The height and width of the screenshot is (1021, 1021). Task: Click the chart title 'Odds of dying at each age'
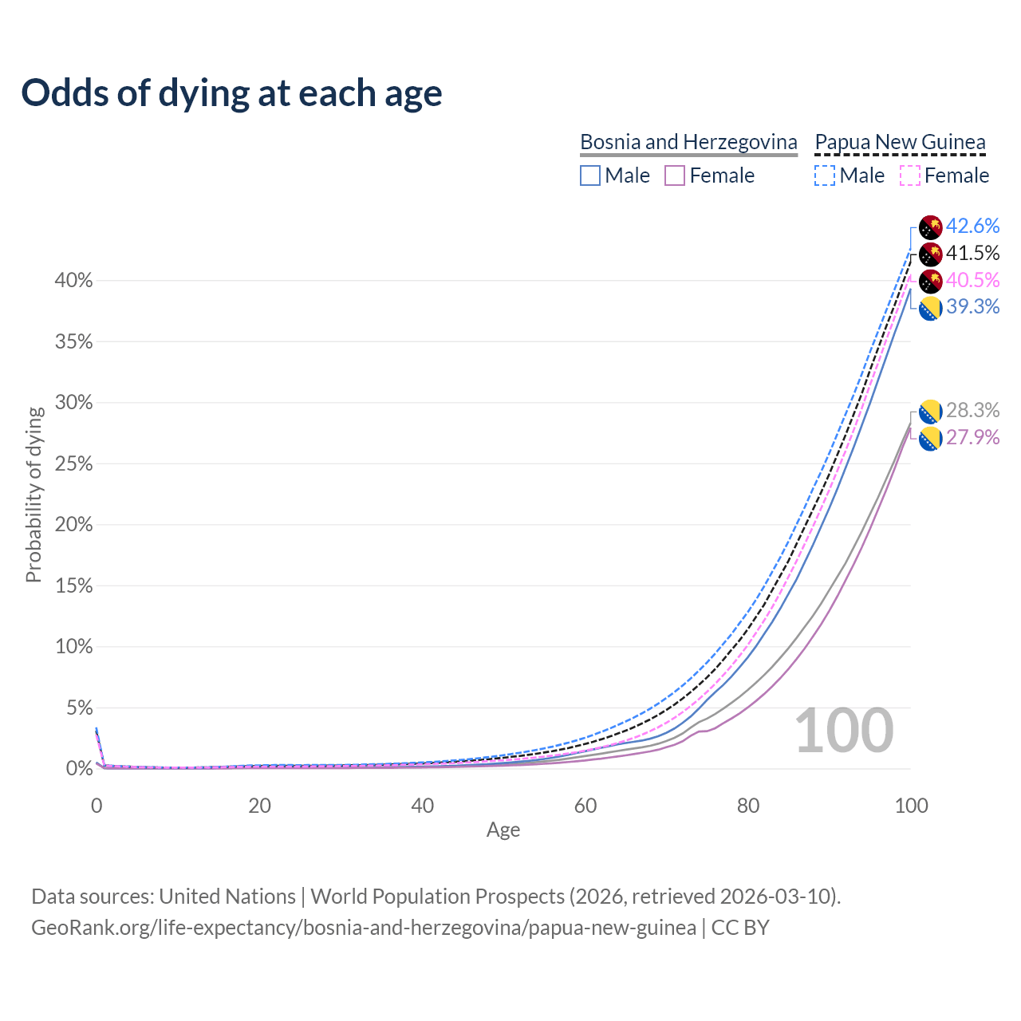click(x=231, y=93)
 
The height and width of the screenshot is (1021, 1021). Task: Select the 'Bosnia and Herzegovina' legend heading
click(x=688, y=142)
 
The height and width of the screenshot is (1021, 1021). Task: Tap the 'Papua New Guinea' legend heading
click(x=900, y=142)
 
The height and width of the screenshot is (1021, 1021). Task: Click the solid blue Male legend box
click(x=590, y=175)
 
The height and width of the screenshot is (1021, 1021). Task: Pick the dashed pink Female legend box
click(x=910, y=175)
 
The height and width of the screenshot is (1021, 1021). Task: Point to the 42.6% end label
click(x=972, y=227)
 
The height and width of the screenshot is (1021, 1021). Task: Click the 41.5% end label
click(x=972, y=254)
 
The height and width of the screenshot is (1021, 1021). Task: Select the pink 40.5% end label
click(x=972, y=280)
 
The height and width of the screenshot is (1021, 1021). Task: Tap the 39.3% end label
click(x=972, y=307)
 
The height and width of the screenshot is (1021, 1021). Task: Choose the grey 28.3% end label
click(x=972, y=411)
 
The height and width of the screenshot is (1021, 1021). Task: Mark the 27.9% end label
click(x=972, y=438)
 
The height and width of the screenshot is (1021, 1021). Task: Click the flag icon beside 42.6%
click(x=931, y=227)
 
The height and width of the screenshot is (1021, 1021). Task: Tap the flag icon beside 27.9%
click(x=931, y=439)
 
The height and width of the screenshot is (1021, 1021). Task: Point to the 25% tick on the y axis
click(x=74, y=464)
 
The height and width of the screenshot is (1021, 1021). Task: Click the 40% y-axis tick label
click(x=74, y=281)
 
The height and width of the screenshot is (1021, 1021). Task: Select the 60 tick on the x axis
click(x=585, y=806)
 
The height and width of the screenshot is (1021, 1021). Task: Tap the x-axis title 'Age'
click(x=503, y=830)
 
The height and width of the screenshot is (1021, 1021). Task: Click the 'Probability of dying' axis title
click(x=34, y=495)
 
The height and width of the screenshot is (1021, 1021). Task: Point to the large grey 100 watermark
click(x=844, y=731)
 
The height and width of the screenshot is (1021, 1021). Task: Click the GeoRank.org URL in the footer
click(x=363, y=928)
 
